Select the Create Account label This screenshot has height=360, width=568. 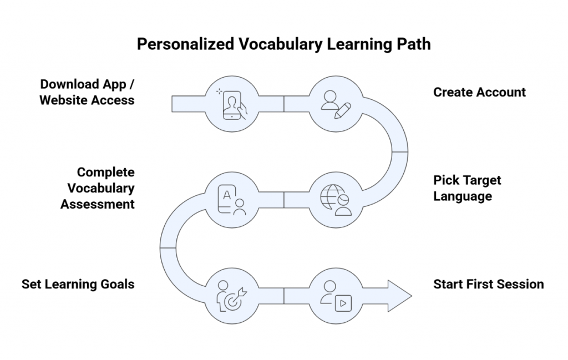(x=479, y=92)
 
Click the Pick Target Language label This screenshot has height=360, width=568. (x=466, y=188)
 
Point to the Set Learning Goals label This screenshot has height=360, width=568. (x=78, y=284)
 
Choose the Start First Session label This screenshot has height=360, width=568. (x=488, y=284)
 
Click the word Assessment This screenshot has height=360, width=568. (x=98, y=204)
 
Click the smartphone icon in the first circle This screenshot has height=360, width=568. (x=231, y=103)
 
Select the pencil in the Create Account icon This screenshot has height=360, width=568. (x=342, y=109)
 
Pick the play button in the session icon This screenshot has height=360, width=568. (x=343, y=303)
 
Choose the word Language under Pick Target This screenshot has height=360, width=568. (x=463, y=196)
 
